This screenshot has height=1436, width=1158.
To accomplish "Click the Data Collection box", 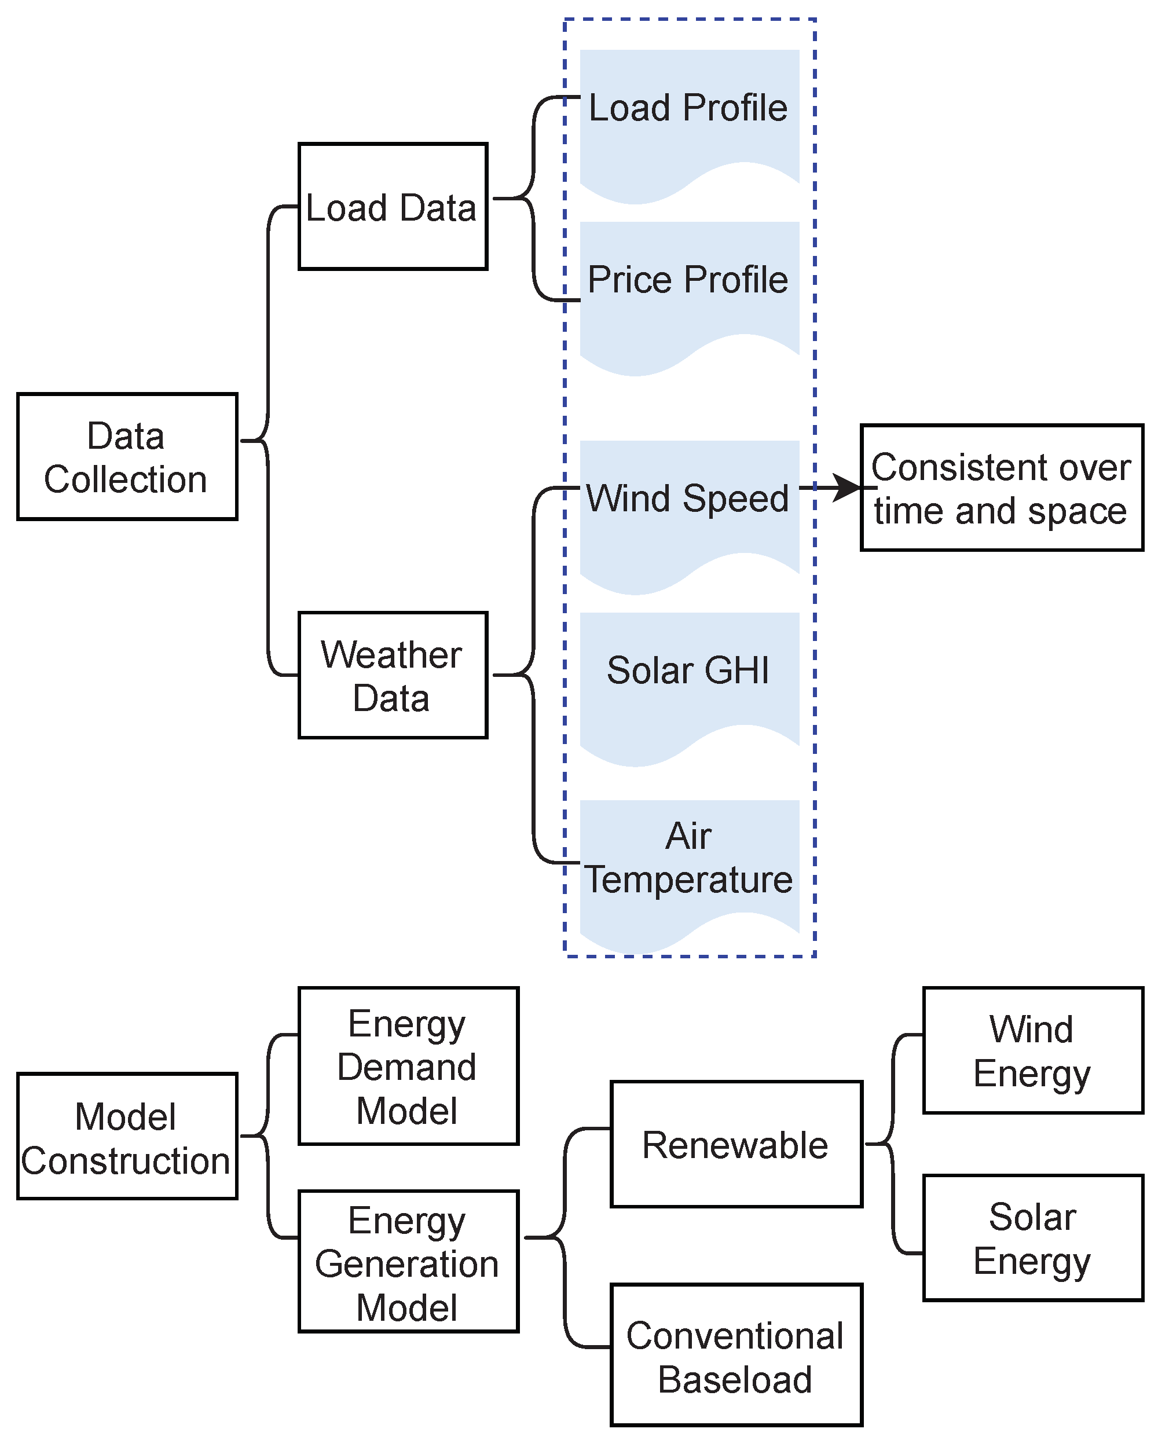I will tap(127, 457).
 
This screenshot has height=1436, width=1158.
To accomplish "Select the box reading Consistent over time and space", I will tap(1001, 488).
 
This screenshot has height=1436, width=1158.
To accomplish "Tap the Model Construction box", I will tap(127, 1137).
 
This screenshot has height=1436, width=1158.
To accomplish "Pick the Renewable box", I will tap(736, 1145).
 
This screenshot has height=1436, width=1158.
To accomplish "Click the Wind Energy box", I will tap(1032, 1050).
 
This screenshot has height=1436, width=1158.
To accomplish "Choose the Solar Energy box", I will tap(1032, 1238).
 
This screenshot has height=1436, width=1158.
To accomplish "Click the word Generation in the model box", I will tap(407, 1264).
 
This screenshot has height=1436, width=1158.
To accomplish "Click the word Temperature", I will tap(689, 879).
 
